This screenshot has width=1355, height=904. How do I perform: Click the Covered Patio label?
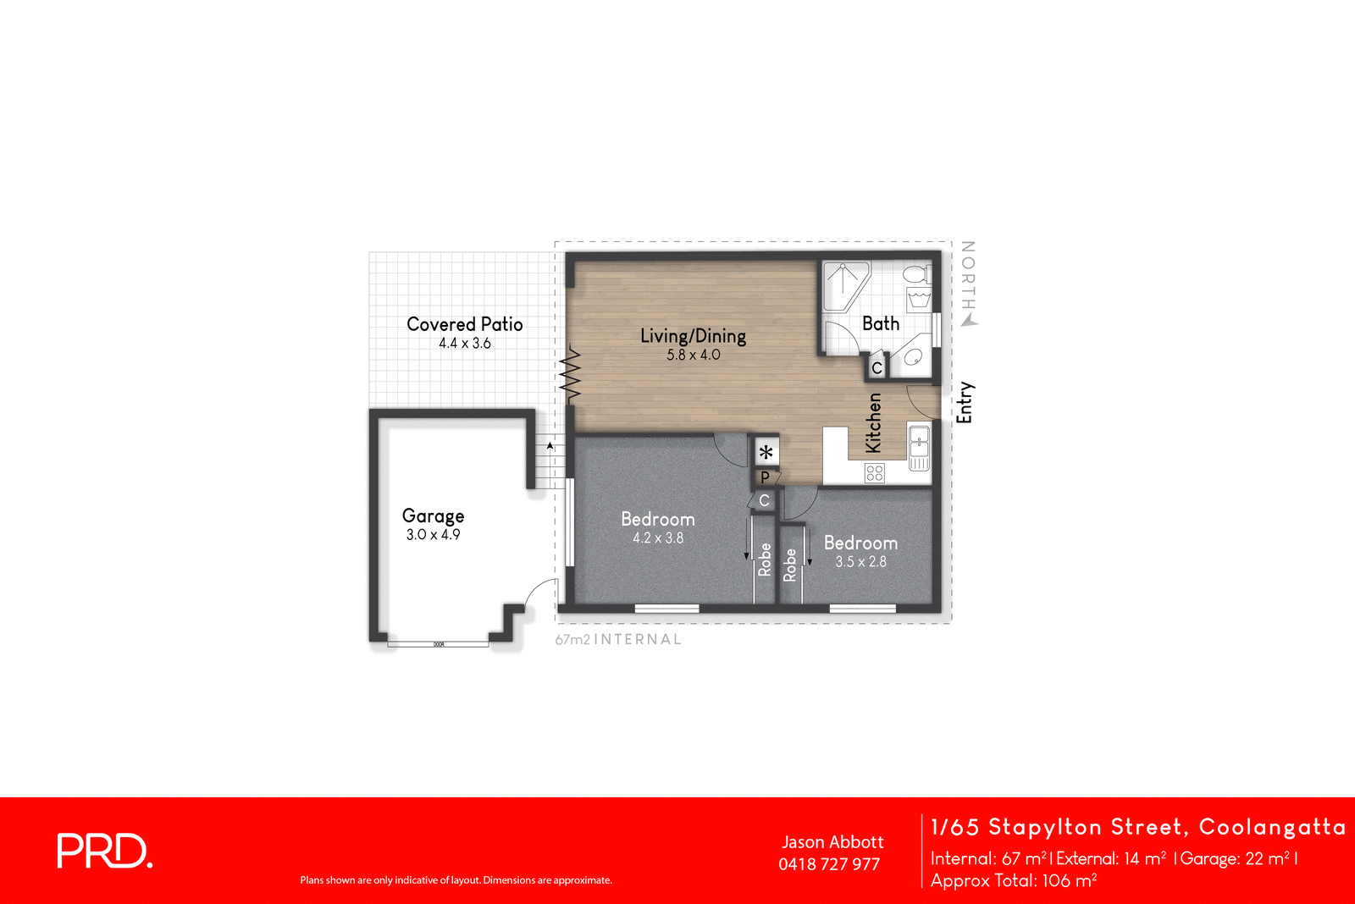point(464,324)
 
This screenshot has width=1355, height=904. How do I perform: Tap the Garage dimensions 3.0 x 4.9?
point(433,535)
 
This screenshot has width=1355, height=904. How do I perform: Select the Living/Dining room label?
point(693,336)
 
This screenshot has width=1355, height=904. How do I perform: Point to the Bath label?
point(881,323)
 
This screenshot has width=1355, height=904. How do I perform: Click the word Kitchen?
point(873,422)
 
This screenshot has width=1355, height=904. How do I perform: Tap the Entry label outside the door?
point(965,402)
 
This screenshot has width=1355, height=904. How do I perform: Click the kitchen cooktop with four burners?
point(875,473)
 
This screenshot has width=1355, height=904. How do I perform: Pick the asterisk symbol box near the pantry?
point(766,452)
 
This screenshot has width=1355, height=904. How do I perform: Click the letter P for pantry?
point(765,477)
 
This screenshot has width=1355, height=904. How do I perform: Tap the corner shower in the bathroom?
point(846,284)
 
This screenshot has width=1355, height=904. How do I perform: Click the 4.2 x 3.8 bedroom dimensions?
point(658,538)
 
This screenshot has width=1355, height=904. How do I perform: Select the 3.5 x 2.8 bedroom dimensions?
point(860,562)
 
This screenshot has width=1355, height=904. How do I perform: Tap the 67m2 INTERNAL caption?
point(618,640)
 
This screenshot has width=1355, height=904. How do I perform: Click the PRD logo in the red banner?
point(104,851)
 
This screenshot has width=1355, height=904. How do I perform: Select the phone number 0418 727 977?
point(829,864)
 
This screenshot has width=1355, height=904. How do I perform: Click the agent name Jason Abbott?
point(832,842)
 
